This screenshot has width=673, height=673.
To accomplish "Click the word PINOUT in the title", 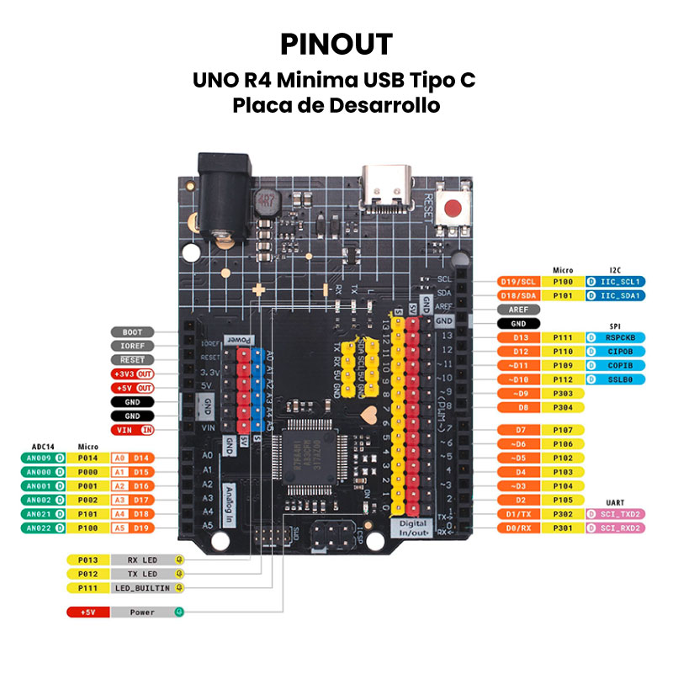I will pos(336,44).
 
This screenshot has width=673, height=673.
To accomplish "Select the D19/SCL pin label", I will pos(518,282).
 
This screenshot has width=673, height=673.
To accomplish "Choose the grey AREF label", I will pos(518,310).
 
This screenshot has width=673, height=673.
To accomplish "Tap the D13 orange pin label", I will pos(518,337).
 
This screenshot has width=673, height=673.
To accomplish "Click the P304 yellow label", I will pos(563,407).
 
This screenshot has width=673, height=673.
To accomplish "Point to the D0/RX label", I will pos(518,527).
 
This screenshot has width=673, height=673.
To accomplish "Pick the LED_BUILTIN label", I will pos(142,587).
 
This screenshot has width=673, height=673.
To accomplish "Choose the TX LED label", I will pos(142,573).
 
